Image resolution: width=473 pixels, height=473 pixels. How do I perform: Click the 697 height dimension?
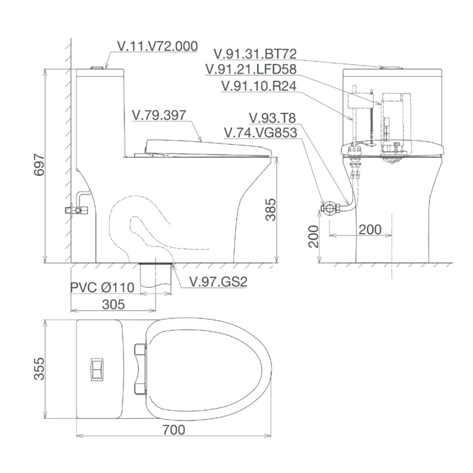[39, 165]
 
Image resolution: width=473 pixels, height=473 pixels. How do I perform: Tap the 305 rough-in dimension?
[114, 304]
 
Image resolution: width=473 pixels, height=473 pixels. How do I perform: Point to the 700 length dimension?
[174, 430]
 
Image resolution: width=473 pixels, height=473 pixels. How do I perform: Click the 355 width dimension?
[39, 368]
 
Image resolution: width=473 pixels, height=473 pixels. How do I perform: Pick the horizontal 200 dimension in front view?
[370, 230]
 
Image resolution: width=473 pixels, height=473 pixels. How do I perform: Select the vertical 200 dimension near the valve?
[314, 236]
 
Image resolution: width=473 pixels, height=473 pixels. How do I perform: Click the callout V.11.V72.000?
[157, 46]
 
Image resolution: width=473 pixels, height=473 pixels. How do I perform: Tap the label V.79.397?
[159, 115]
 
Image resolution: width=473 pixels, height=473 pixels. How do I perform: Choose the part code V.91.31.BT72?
[255, 53]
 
